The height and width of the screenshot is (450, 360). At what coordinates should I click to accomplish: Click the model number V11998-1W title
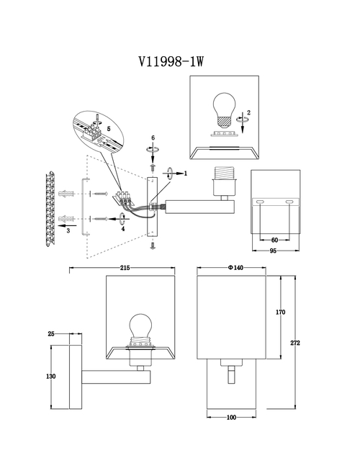(x=171, y=61)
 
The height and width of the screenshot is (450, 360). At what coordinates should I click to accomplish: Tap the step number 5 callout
(x=109, y=129)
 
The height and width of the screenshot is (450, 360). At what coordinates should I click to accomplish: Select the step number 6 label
(x=153, y=138)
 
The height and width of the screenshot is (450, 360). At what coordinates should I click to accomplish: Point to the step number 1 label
(x=186, y=174)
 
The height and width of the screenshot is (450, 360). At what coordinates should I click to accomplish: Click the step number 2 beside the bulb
(x=248, y=113)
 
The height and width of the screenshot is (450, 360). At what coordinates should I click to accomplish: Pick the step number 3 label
(x=68, y=230)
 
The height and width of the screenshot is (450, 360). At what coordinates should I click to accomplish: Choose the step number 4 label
(x=123, y=229)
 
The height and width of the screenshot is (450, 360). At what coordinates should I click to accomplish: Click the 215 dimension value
(x=125, y=268)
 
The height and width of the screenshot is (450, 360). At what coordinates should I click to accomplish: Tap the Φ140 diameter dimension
(x=235, y=268)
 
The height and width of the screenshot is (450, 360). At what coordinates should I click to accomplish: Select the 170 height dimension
(x=281, y=312)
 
